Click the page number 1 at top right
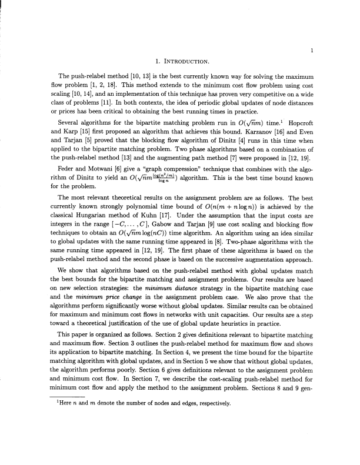point(316,51)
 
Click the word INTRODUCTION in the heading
point(186,61)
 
